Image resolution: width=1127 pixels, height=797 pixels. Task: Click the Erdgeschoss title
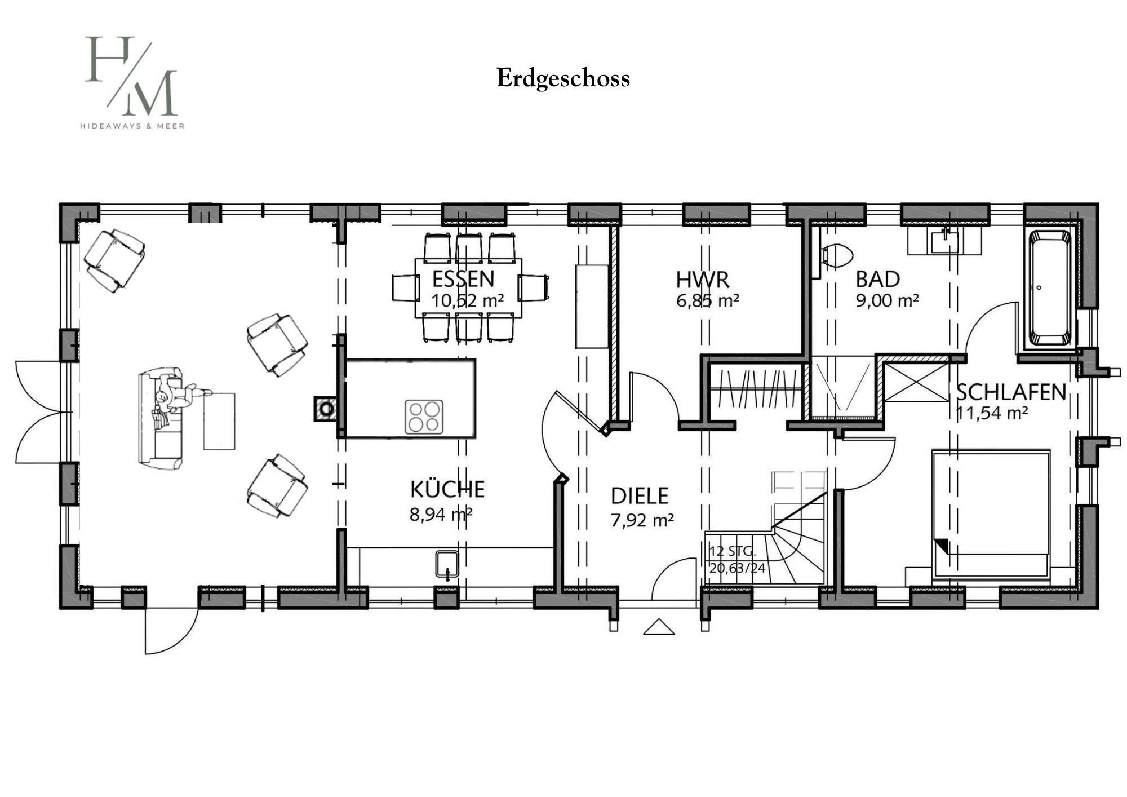click(x=563, y=79)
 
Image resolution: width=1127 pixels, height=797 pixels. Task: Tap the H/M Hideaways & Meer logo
click(x=132, y=82)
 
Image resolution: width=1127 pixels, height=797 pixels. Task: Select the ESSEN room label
click(x=463, y=279)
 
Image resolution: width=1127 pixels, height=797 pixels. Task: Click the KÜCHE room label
click(x=447, y=489)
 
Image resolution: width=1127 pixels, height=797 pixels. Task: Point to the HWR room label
click(x=703, y=280)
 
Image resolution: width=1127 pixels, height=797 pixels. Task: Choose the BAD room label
click(x=877, y=280)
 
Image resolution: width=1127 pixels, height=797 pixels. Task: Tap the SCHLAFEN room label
click(x=1011, y=392)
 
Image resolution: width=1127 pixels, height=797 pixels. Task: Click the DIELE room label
click(x=640, y=495)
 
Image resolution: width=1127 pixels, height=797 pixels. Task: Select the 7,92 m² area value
click(x=642, y=520)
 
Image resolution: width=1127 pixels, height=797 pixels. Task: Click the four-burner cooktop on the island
click(x=424, y=417)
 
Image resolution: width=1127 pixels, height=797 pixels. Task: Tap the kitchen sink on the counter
click(x=447, y=565)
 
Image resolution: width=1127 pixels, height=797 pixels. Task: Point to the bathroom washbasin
click(x=945, y=242)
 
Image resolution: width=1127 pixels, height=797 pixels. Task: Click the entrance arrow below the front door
click(x=659, y=627)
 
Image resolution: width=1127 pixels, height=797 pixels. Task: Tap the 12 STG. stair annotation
click(x=732, y=551)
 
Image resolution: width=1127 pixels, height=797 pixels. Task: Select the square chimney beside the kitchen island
click(x=325, y=409)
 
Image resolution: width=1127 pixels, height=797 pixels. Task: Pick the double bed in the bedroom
click(x=992, y=514)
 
